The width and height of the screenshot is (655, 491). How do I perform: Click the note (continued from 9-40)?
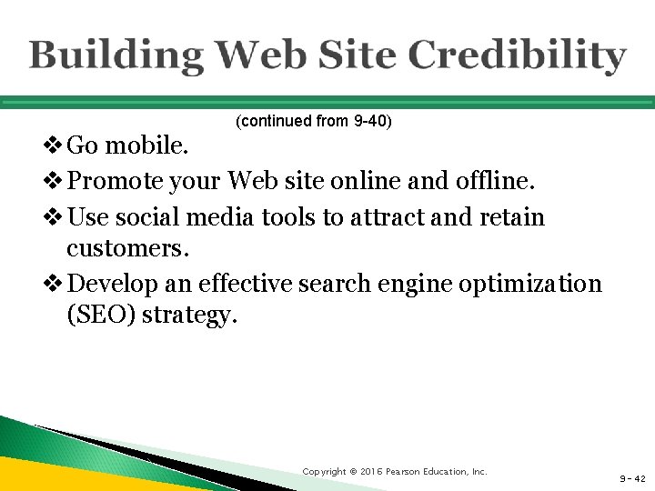(x=313, y=121)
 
